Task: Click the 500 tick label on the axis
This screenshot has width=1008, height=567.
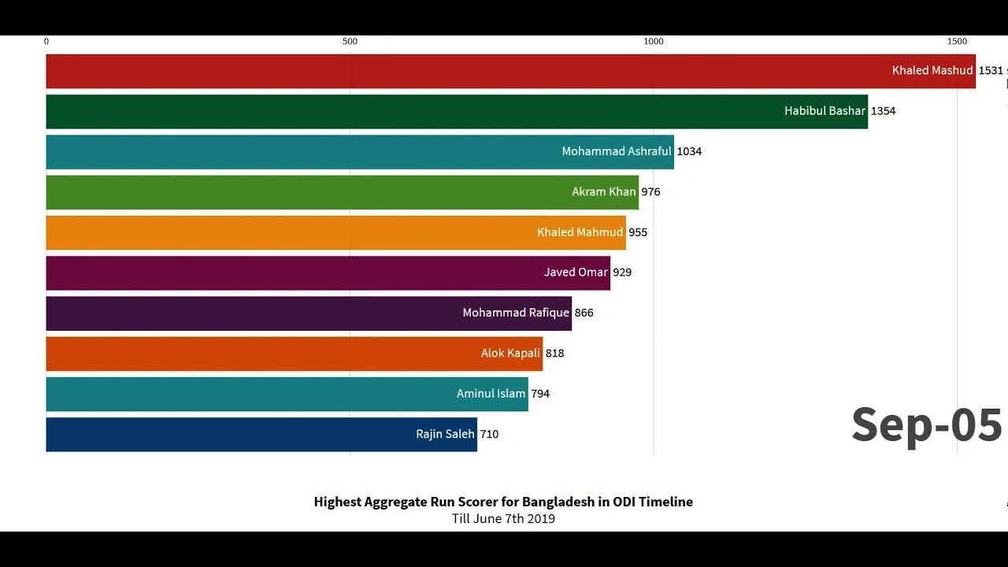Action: point(350,42)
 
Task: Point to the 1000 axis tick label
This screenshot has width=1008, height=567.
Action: point(653,42)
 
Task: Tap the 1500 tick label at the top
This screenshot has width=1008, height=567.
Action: point(957,42)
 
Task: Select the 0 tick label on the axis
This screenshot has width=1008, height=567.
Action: point(46,42)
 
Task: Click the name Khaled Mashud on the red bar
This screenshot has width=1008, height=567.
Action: point(932,71)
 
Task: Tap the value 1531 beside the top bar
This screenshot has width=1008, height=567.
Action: point(991,71)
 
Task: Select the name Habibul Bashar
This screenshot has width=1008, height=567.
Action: point(825,111)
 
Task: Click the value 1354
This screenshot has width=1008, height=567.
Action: point(883,111)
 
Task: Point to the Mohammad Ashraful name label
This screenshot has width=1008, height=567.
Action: point(616,151)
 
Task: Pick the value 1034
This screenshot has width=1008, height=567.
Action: point(689,151)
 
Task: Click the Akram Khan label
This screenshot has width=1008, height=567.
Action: point(603,192)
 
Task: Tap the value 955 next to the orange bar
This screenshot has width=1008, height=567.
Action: point(638,232)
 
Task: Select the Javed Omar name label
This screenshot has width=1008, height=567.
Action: point(576,272)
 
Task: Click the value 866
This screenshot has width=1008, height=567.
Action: point(584,313)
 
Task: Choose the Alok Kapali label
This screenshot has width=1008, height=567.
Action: point(510,354)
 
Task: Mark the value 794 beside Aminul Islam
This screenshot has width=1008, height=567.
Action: point(540,394)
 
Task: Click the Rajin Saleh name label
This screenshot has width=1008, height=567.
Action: point(445,434)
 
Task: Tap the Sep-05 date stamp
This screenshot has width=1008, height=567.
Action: point(926,425)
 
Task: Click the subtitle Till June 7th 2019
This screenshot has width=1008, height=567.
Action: point(503,518)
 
